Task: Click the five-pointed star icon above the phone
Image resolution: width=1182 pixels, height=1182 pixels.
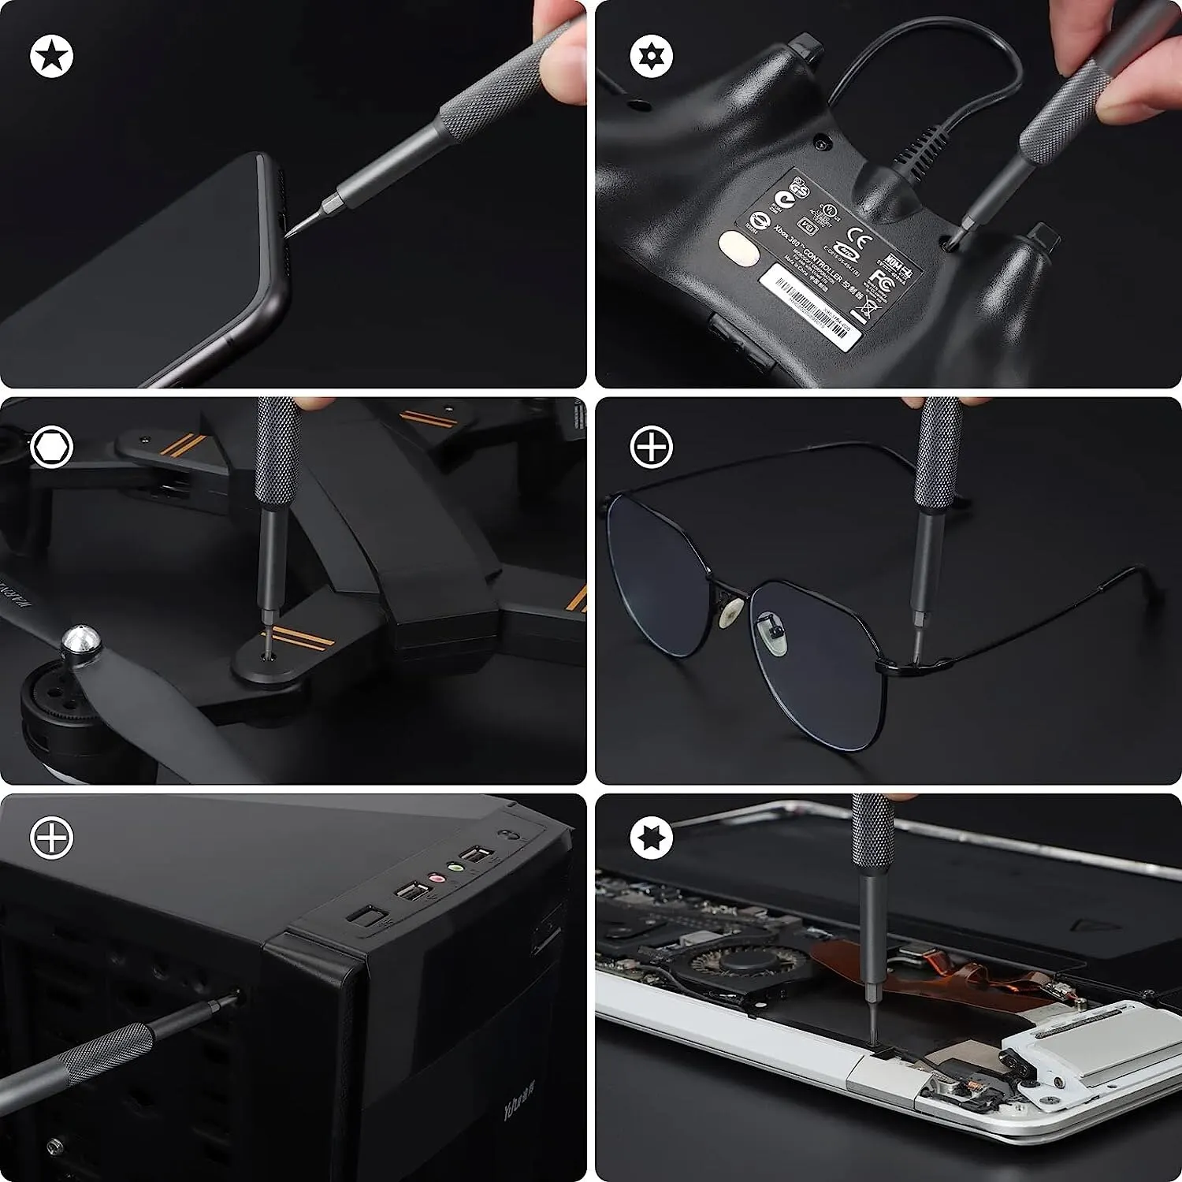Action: coord(52,56)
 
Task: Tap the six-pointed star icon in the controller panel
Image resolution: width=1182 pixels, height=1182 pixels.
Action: coord(652,56)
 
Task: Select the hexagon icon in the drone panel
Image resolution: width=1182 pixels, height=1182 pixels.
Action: coord(52,448)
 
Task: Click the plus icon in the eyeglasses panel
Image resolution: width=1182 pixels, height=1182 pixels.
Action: coord(652,448)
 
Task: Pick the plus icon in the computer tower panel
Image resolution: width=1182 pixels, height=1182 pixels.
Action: coord(52,837)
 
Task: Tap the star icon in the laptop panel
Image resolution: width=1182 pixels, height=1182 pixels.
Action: coord(652,837)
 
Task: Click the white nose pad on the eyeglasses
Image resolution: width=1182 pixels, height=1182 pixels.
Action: coord(733,610)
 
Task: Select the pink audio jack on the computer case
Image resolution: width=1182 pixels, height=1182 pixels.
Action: coord(433,878)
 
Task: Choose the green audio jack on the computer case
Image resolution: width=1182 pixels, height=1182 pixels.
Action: coord(455,868)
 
